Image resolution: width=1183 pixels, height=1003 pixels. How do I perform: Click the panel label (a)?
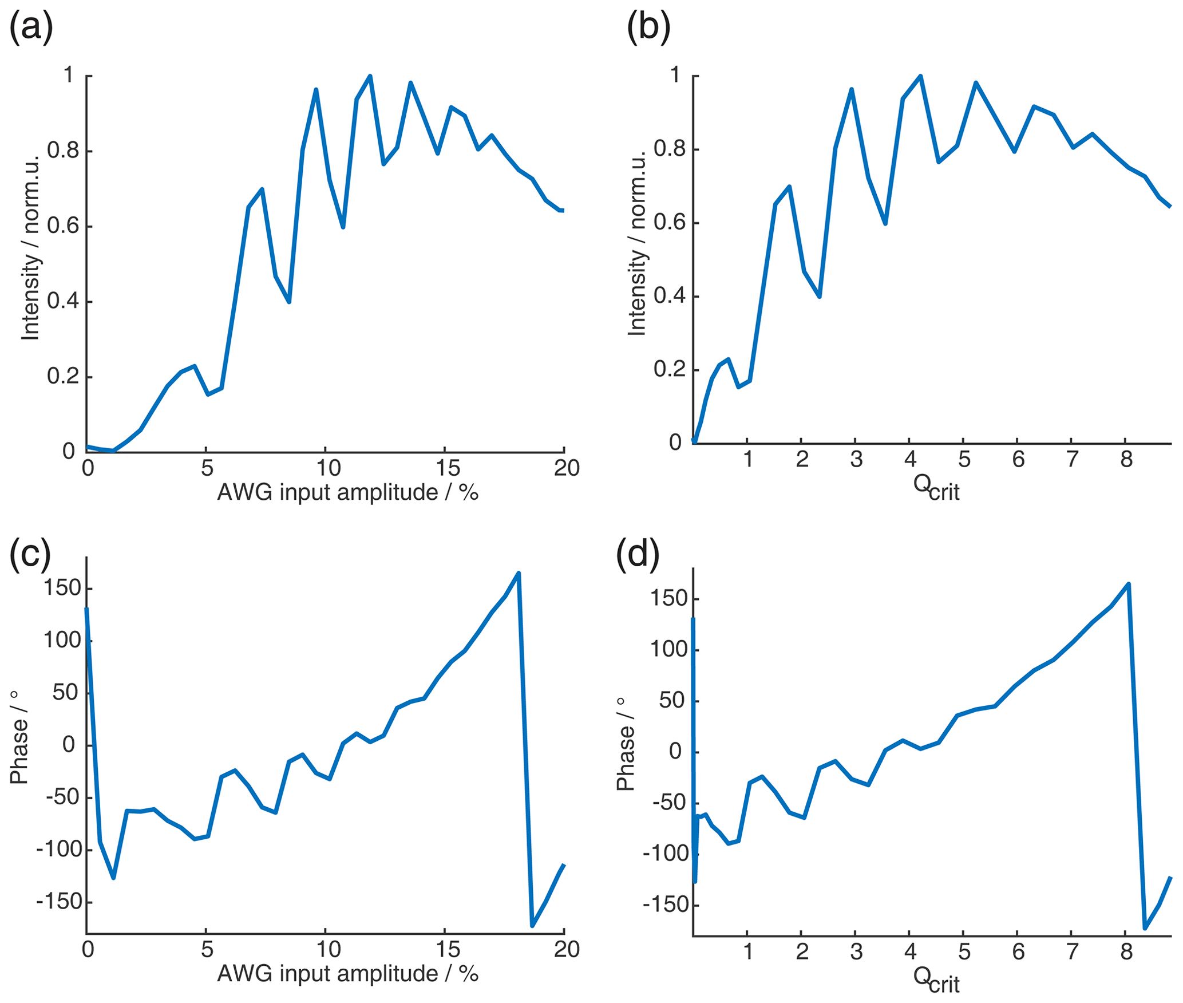[x=31, y=27]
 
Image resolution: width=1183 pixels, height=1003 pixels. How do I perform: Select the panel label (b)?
[x=648, y=27]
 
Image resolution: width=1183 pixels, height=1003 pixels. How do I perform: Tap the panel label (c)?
[x=30, y=554]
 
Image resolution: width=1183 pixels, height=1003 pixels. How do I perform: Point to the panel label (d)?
[x=637, y=554]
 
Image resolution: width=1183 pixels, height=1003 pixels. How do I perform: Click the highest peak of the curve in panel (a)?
[x=370, y=76]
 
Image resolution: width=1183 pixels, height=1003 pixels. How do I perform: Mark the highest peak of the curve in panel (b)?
[x=920, y=76]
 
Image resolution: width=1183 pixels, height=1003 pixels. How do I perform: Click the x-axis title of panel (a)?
[x=347, y=492]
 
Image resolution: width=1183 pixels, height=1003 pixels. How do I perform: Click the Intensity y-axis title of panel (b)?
[x=636, y=243]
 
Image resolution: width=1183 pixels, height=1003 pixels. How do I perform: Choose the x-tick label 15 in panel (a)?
[x=448, y=468]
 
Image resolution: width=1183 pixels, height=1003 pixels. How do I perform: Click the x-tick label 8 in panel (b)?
[x=1126, y=459]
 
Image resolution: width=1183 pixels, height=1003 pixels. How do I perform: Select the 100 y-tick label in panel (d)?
[x=668, y=650]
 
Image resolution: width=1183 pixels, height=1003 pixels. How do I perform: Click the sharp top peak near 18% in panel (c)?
[x=519, y=573]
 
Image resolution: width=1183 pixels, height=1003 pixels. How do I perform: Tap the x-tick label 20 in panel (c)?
[x=567, y=950]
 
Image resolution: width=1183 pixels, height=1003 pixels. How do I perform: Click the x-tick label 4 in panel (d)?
[x=910, y=951]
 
